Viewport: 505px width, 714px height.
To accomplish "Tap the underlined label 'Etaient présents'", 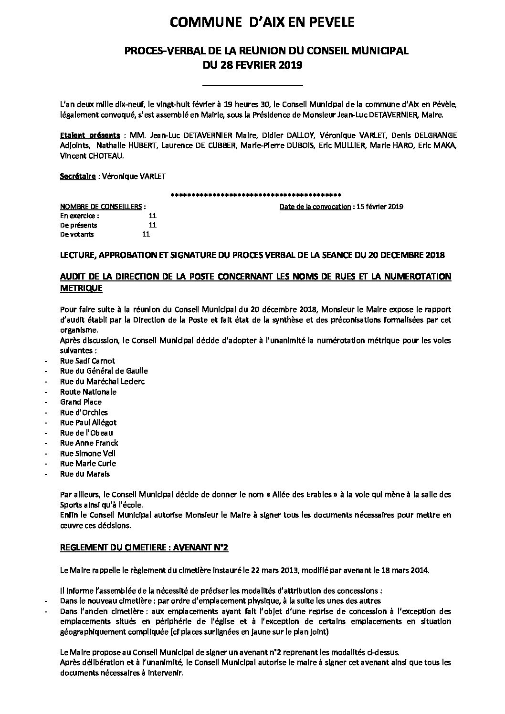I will (90, 135).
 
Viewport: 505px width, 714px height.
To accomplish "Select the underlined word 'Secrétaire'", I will (78, 176).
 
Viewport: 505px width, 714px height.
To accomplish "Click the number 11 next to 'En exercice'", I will (153, 216).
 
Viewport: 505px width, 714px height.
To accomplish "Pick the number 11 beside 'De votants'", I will (146, 234).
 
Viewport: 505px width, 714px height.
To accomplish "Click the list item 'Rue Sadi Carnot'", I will (87, 361).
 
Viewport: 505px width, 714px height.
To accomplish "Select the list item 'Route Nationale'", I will (88, 392).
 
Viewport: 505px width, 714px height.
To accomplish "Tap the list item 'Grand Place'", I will (81, 402).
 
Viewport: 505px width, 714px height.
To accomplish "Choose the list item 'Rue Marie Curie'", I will (88, 464).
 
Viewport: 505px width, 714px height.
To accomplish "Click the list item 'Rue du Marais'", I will (84, 474).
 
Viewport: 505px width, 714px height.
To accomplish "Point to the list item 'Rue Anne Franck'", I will (89, 443).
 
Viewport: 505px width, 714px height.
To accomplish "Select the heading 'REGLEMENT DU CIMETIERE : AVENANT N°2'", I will (144, 548).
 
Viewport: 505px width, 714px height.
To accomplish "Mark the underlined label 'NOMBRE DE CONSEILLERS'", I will (101, 207).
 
